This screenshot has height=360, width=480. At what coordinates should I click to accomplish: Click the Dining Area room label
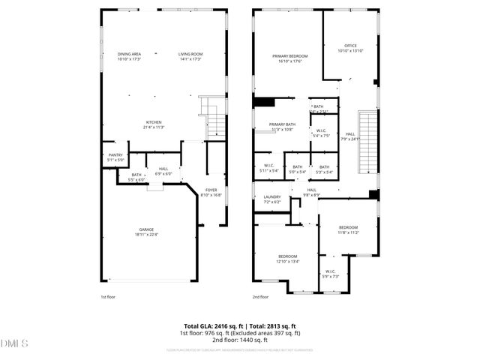coord(129,56)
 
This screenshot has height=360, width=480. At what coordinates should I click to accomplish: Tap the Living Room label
coord(190,56)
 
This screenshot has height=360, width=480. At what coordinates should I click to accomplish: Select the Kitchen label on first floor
coord(154,124)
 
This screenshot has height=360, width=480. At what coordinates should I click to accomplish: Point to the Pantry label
coord(115,157)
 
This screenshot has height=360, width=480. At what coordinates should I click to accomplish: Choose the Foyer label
coord(211,192)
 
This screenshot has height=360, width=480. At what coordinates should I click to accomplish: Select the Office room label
coord(349,48)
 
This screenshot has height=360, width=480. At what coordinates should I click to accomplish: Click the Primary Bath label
coord(282,127)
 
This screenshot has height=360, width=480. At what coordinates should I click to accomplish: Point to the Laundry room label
coord(271,199)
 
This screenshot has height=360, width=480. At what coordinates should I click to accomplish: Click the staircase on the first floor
coord(215,124)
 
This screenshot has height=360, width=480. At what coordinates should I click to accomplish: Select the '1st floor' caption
coord(109,298)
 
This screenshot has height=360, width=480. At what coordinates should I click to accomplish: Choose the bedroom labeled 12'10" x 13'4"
coord(287,259)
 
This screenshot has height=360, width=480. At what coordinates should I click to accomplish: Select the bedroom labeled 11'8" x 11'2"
coord(348,229)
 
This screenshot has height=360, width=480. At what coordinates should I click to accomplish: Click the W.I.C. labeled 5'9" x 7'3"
coord(331,274)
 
